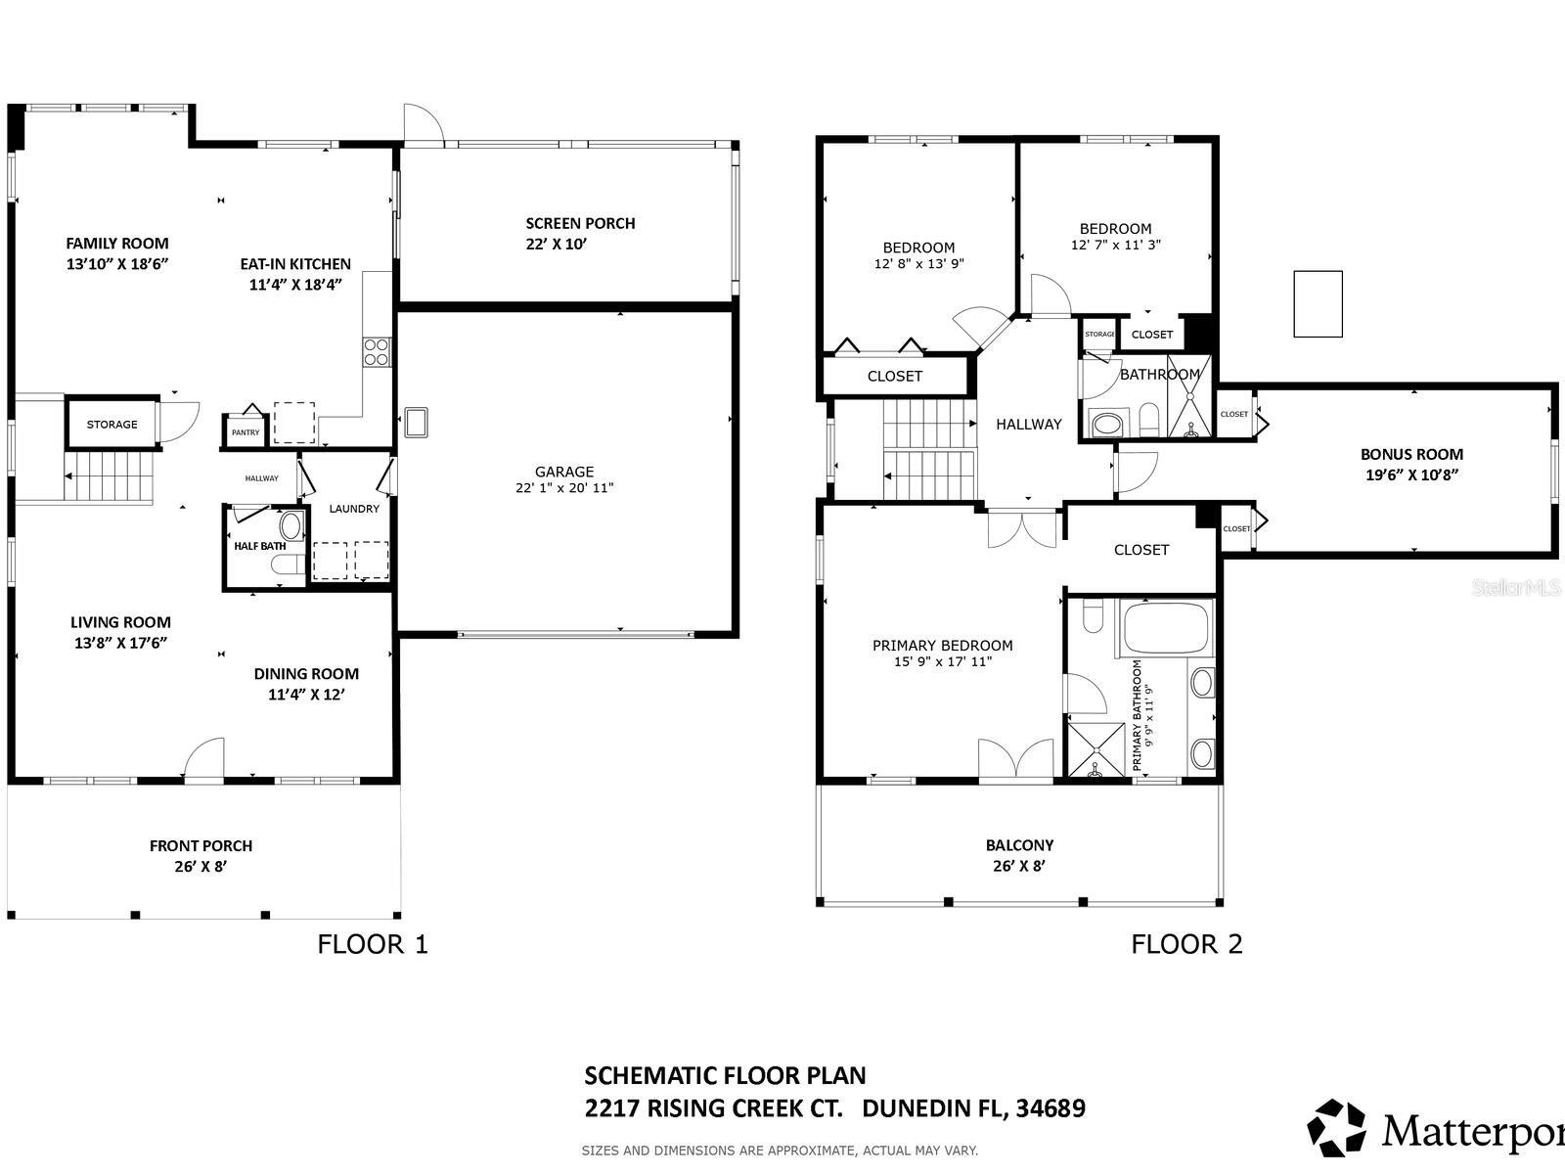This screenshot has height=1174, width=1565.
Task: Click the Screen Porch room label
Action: pos(580,223)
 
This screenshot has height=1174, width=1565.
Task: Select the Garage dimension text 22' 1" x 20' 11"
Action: pos(564,488)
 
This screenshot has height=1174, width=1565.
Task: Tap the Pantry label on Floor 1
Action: pos(246,432)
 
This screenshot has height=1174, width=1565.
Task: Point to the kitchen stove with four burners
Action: pos(377,352)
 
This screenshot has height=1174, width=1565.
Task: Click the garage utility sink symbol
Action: pos(416,422)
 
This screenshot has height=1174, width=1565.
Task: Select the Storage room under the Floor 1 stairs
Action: pos(112,425)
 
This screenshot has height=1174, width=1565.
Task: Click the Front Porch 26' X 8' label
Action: pos(201,856)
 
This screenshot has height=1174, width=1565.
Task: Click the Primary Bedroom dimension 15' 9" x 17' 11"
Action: pos(942,662)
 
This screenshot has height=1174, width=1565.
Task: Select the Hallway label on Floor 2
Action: pos(1028,424)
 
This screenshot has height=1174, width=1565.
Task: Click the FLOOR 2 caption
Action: pos(1186,944)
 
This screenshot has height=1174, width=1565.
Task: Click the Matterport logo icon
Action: pos(1337,1126)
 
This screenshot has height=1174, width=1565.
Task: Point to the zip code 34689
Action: pos(1050,1108)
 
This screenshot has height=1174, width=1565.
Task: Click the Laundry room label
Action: pos(354,509)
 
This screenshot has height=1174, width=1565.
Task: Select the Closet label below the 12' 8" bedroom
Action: pos(895,376)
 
